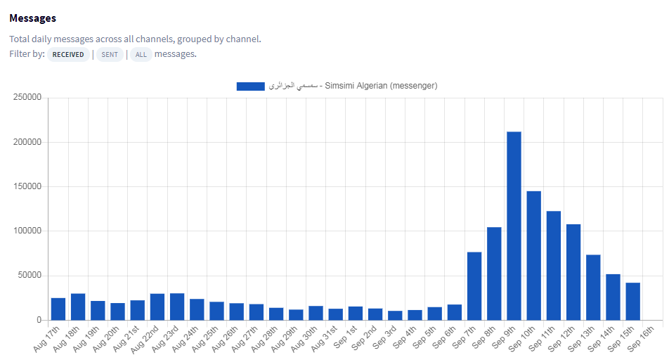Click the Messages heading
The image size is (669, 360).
33,18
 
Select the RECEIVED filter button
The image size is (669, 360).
68,55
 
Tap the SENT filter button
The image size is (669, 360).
110,55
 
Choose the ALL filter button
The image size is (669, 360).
141,55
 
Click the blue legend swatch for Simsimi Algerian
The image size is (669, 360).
250,86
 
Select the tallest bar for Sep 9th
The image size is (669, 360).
514,225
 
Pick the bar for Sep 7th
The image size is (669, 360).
474,285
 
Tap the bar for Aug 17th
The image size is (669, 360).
58,309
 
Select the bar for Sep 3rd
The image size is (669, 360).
395,315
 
